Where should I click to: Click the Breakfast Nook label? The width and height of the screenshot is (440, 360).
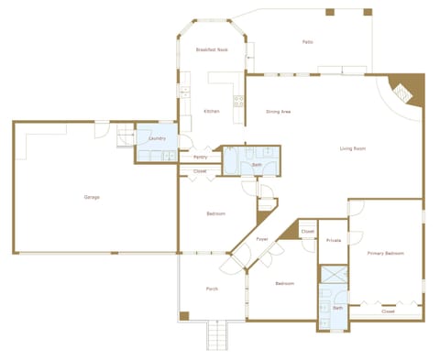tap(212, 49)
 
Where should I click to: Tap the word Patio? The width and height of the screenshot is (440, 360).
tap(308, 42)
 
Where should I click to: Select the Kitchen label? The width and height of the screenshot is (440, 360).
tap(212, 112)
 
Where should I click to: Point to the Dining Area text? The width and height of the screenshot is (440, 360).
tap(279, 112)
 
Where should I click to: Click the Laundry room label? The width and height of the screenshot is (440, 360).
tap(157, 137)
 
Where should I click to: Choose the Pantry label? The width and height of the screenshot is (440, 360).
tap(200, 157)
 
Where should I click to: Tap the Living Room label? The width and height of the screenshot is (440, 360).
tap(353, 147)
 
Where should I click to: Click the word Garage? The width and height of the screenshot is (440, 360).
tap(92, 197)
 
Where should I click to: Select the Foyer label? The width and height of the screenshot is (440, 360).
tap(262, 239)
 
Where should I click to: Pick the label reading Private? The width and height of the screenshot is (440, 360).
tap(334, 240)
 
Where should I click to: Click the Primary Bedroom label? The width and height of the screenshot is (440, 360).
tap(386, 253)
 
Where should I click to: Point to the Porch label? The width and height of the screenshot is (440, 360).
tap(212, 289)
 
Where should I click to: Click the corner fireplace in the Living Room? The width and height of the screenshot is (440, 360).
tap(404, 91)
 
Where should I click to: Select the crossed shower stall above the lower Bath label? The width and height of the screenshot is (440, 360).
tap(334, 276)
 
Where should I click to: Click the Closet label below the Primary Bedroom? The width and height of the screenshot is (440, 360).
tap(388, 311)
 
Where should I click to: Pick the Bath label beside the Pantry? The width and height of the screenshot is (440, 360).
tap(257, 165)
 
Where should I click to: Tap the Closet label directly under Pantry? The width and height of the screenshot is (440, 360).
tap(200, 171)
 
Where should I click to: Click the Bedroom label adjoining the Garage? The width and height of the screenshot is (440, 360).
tap(215, 213)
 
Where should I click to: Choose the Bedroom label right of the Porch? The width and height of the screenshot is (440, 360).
tap(284, 283)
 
